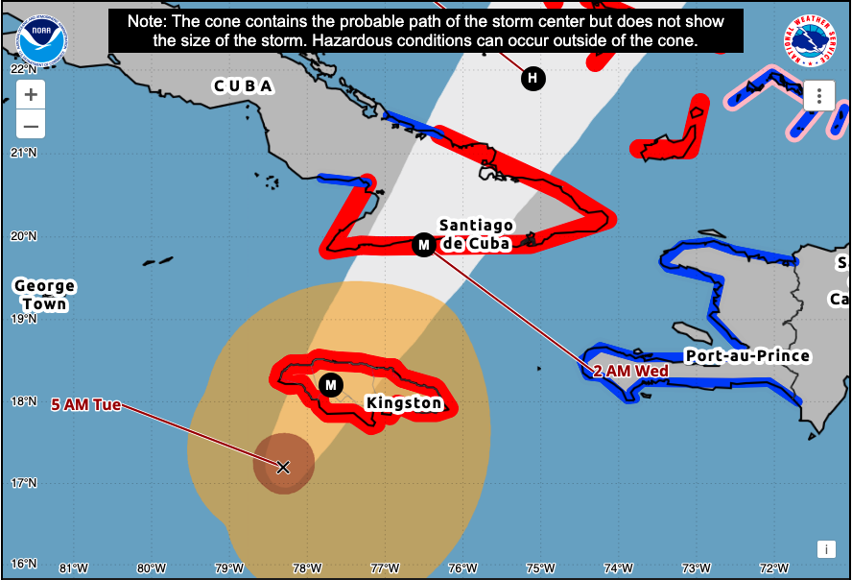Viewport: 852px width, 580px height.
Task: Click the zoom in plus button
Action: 31,95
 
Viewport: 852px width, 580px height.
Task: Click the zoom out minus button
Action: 31,125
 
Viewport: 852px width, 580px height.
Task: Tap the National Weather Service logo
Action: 810,41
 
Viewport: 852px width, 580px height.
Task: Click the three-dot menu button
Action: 818,96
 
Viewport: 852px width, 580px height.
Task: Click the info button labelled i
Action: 825,549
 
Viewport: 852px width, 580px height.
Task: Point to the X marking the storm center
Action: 283,467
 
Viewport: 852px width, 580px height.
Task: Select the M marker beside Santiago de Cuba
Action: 423,245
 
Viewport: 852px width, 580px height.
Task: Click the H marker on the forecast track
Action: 532,78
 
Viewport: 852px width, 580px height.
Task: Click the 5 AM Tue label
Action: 86,404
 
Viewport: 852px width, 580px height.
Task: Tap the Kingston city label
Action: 404,403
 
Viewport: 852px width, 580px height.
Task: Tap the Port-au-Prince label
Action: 747,356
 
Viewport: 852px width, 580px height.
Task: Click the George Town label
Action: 44,295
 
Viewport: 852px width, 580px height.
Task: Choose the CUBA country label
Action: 243,86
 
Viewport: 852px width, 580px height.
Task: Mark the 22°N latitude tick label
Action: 24,69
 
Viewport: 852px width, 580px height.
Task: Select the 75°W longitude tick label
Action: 540,567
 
